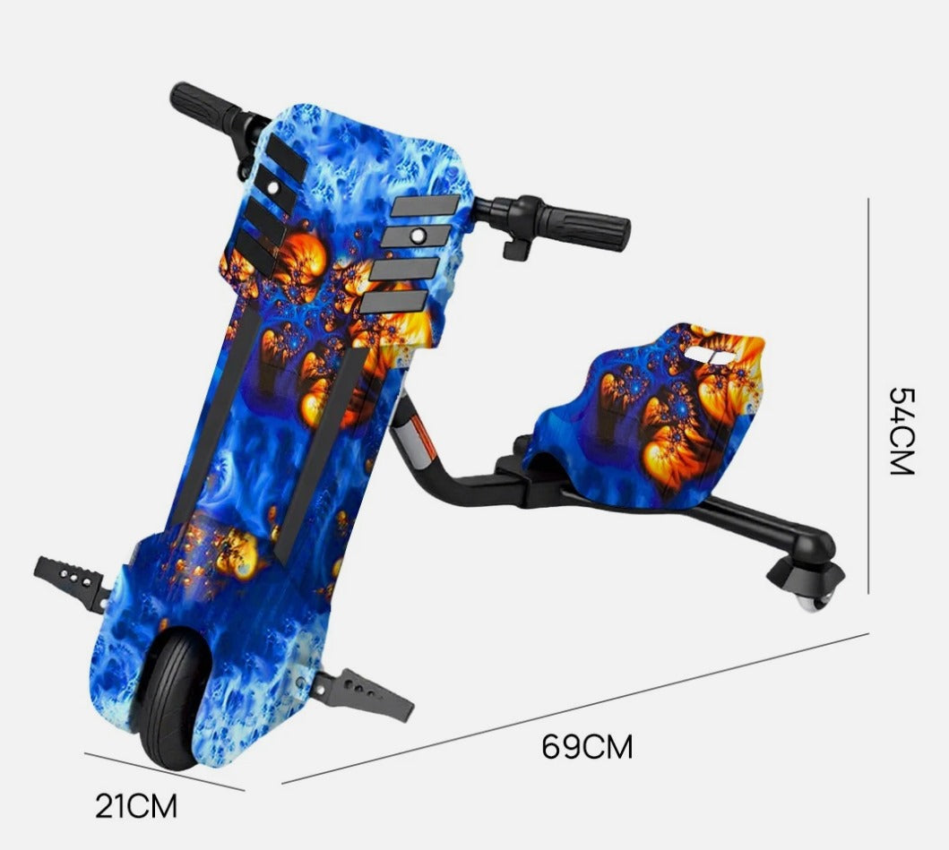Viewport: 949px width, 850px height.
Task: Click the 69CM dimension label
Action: [587, 746]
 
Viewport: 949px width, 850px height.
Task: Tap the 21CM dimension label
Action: [137, 806]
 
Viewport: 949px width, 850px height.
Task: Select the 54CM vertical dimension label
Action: [902, 431]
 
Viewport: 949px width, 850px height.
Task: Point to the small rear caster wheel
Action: [810, 603]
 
